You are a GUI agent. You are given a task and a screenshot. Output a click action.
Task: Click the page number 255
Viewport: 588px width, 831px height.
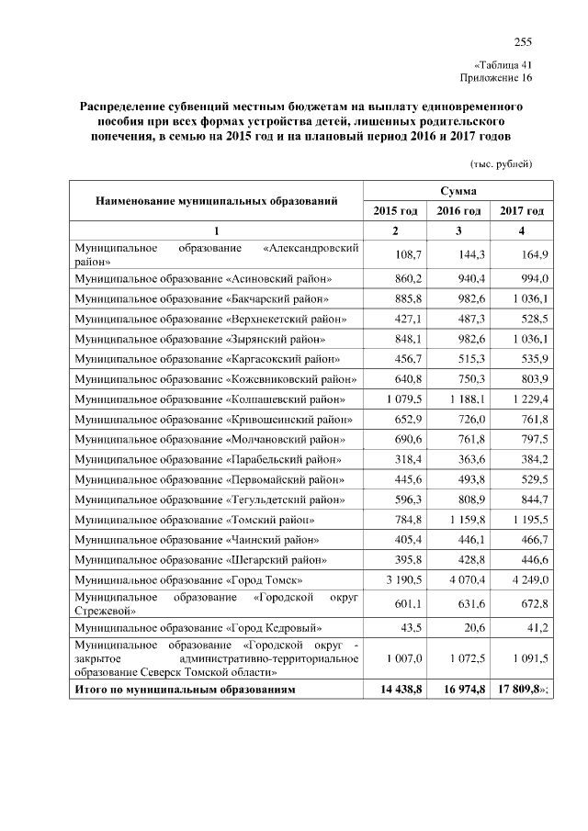coord(523,41)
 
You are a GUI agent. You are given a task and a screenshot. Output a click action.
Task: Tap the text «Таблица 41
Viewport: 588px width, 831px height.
coord(503,65)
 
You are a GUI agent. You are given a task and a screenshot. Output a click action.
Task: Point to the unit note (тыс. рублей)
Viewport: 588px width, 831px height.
coord(501,163)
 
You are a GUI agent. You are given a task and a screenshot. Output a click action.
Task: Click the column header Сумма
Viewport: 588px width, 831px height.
coord(457,190)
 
